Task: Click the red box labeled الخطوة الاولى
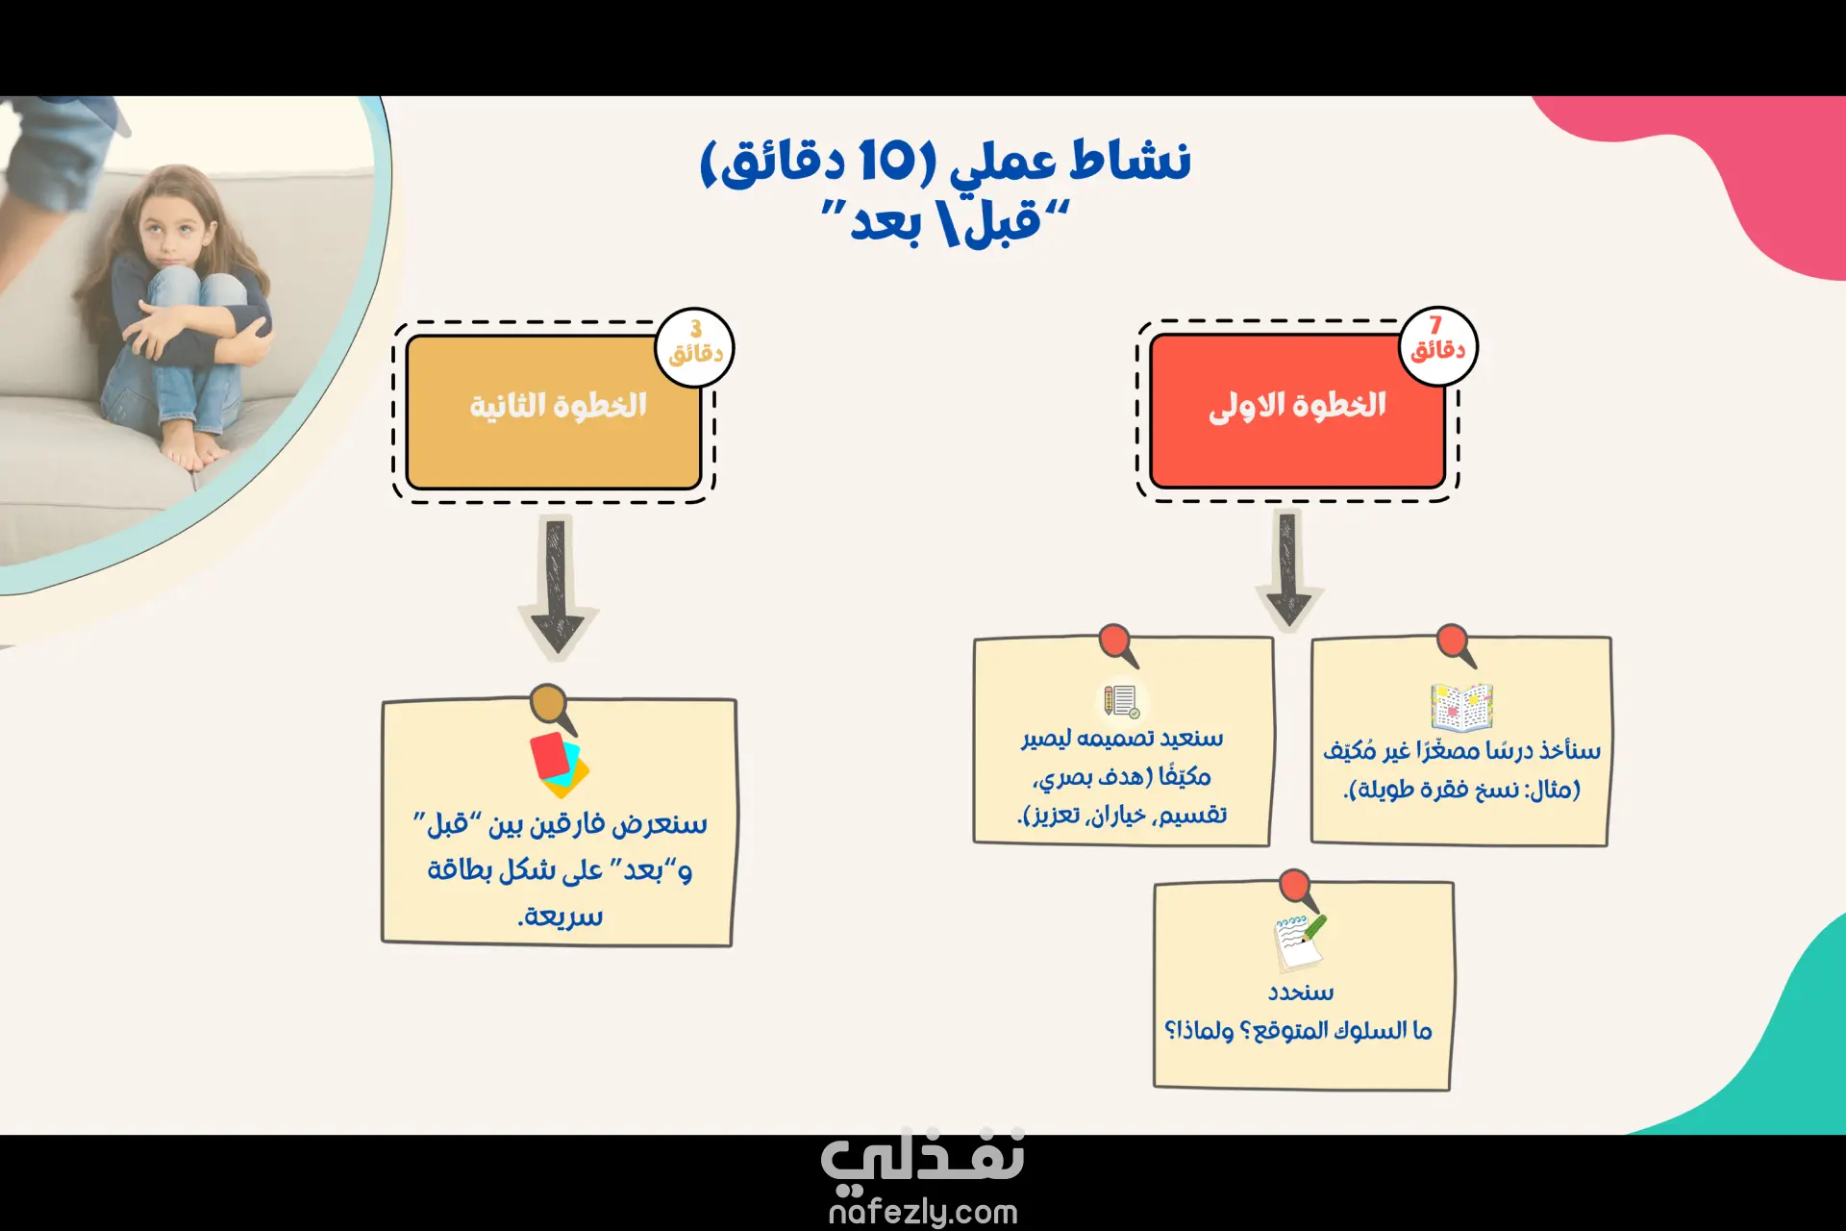(1297, 412)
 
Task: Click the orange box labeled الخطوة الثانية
(554, 413)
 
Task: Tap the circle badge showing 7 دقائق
(1437, 346)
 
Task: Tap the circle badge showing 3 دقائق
(695, 348)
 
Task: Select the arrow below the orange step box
(558, 587)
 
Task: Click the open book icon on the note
(1461, 707)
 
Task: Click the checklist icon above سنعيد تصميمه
(1121, 701)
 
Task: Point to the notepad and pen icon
(1299, 942)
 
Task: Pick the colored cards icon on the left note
(559, 766)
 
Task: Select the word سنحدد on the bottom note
(1301, 992)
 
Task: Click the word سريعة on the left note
(561, 916)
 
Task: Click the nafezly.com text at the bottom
(923, 1213)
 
